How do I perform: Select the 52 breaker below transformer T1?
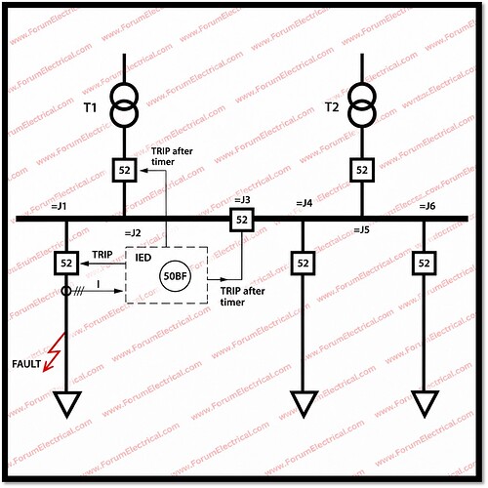click(124, 170)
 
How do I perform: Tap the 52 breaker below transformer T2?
click(362, 170)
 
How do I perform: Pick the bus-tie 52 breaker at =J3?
click(242, 220)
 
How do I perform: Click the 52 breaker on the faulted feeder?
click(66, 263)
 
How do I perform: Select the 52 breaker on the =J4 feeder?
click(303, 263)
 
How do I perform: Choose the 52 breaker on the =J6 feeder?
click(424, 263)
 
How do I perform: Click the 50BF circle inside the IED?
click(175, 276)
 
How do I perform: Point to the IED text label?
click(143, 258)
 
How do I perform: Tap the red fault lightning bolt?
click(54, 351)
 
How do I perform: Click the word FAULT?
click(26, 364)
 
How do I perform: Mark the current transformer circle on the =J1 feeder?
click(66, 291)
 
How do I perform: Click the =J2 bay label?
click(133, 233)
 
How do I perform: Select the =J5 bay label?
click(361, 229)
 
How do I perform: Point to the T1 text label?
click(90, 107)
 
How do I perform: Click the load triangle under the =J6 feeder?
click(424, 404)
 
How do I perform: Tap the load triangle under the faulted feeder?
click(67, 404)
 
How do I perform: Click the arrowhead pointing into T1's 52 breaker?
click(143, 170)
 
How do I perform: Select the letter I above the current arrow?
click(99, 284)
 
